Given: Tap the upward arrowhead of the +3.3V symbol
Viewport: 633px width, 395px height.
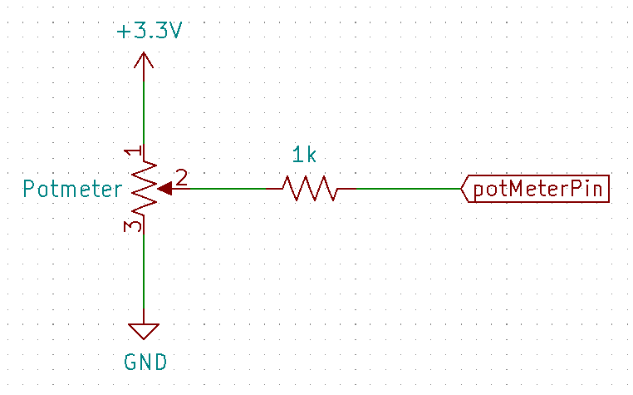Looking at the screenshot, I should [x=145, y=59].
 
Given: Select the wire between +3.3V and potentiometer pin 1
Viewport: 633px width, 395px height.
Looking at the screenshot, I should [x=145, y=108].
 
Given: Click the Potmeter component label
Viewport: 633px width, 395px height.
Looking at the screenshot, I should [x=72, y=189].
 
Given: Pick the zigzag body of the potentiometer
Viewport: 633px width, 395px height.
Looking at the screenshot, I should [x=145, y=189].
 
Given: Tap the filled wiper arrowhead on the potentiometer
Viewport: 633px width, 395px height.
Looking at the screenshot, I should [x=164, y=189].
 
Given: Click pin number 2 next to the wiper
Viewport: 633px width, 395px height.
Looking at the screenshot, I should [x=181, y=177].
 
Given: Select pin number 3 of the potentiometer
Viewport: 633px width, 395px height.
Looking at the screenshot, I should [x=132, y=225].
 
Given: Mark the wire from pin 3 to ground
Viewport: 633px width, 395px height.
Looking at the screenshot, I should [x=145, y=274].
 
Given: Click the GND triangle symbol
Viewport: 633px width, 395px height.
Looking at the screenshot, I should [x=145, y=331].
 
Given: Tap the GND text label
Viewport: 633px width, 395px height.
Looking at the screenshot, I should [x=145, y=362].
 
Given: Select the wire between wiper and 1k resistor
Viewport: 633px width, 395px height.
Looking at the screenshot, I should [x=220, y=189].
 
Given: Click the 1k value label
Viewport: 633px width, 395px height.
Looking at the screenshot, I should [x=303, y=155].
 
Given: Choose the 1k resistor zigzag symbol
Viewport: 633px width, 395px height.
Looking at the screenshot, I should [x=310, y=189].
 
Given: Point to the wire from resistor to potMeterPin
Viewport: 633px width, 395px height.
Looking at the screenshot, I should [x=407, y=189].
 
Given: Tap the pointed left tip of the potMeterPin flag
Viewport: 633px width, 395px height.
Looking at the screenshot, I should [x=463, y=190].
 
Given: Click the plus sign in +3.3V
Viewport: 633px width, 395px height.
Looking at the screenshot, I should [x=124, y=32].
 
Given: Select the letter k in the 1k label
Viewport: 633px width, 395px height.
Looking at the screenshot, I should [x=311, y=155].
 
